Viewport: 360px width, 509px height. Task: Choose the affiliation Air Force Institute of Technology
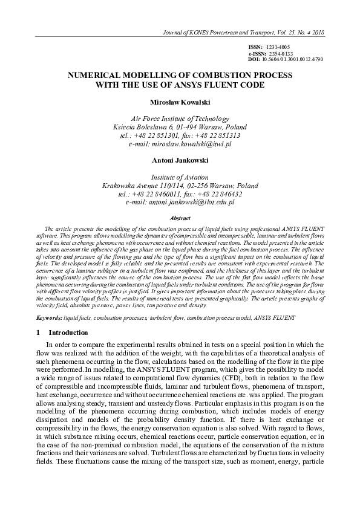click(x=180, y=118)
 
